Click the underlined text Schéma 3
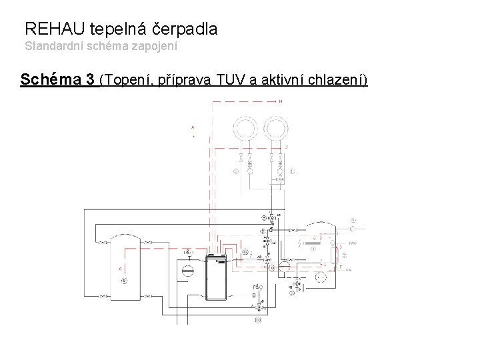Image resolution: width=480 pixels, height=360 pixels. pos(57,81)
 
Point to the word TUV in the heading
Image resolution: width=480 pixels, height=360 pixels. pos(226,81)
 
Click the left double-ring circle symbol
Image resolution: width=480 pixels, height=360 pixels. pos(245,128)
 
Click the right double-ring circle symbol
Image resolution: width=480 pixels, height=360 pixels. pos(276,128)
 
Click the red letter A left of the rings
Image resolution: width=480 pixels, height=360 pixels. pos(193,127)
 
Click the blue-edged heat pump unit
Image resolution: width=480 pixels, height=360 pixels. pos(216,279)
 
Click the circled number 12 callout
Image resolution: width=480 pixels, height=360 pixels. pos(245,253)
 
